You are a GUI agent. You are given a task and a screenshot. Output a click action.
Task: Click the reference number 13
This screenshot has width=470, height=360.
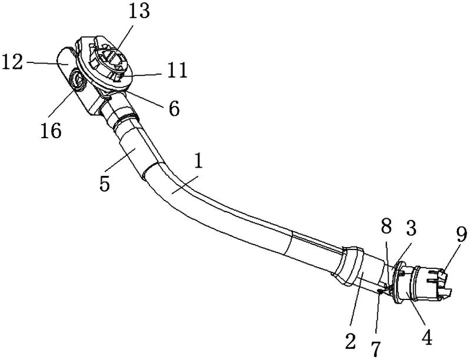pos(139,11)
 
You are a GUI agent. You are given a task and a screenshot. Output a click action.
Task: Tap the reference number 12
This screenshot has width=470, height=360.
pos(12,62)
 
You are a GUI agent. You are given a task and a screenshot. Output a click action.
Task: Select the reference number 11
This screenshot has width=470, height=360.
pos(177,71)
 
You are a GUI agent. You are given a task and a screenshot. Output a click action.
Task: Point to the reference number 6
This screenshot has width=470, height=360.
pos(174,108)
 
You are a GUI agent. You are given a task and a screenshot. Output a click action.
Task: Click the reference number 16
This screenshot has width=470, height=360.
pos(51,131)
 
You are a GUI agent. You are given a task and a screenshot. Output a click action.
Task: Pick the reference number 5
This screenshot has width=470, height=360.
pos(105,183)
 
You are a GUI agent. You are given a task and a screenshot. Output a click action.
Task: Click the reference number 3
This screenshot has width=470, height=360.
pos(411,228)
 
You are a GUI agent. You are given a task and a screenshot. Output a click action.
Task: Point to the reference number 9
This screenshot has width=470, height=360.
pos(461,234)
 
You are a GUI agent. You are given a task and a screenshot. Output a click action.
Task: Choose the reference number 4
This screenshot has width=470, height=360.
pos(427,337)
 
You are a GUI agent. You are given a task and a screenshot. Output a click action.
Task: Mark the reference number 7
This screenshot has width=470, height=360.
pos(375,349)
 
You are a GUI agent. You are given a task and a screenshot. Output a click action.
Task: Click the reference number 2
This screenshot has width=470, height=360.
pos(350,341)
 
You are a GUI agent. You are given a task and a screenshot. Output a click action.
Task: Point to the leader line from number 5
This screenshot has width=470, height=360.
pos(119,162)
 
